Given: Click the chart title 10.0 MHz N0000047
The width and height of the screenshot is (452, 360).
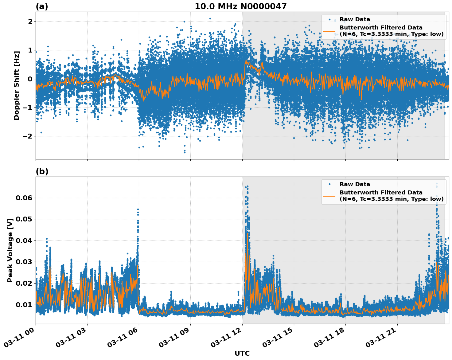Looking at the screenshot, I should pos(240,6).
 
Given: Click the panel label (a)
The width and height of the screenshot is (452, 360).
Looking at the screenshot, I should pos(42,6).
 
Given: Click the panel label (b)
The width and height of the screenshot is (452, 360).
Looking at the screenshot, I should pos(42,171).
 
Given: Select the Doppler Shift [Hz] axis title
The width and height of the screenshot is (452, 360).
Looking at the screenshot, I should pos(17,85).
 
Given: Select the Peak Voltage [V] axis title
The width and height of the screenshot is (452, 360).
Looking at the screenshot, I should pos(10,250).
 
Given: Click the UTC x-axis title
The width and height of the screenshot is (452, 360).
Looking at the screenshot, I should pos(242,353).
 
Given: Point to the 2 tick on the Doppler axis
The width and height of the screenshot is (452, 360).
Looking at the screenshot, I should pos(30,22).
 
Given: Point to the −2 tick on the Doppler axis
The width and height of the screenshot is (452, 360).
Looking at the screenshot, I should pos(28,136).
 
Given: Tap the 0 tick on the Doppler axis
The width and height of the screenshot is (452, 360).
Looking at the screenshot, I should pos(30,79).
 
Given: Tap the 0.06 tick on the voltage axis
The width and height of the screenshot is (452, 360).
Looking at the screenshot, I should pos(24,198).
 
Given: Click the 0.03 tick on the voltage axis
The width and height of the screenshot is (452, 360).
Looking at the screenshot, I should pos(24,262).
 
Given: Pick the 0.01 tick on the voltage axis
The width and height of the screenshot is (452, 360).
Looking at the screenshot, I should pos(24,304).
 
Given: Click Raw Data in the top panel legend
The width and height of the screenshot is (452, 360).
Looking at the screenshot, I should pos(355,19).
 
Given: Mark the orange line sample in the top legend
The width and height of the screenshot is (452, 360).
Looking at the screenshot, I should pos(329,31).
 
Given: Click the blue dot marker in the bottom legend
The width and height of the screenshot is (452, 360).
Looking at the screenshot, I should pos(329,184).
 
